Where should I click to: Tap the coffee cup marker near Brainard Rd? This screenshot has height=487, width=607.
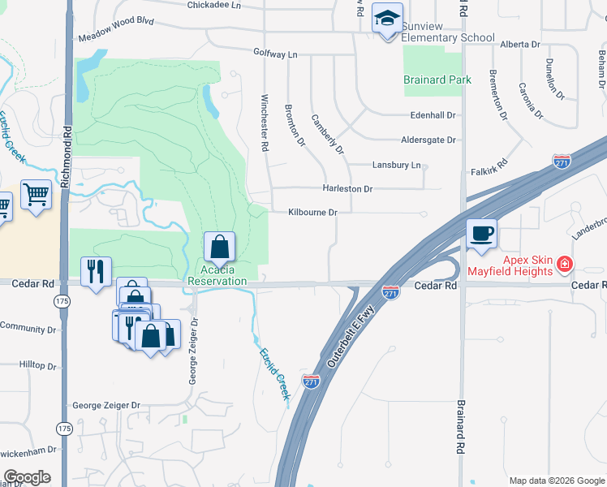tap(481, 234)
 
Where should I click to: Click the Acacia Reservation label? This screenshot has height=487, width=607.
tap(217, 275)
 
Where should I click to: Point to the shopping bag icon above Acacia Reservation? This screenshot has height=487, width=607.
tap(219, 246)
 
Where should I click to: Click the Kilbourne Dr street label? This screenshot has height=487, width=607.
tap(312, 213)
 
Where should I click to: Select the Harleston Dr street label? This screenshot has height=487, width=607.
tap(347, 189)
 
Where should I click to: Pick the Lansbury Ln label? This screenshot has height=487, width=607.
tap(397, 165)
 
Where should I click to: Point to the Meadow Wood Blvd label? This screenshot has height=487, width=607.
tap(115, 37)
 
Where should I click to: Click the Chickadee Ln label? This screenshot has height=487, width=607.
tap(214, 5)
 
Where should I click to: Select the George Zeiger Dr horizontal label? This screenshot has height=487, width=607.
tap(106, 405)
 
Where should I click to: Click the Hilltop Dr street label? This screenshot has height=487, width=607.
tap(37, 366)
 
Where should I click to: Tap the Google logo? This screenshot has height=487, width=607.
tap(27, 477)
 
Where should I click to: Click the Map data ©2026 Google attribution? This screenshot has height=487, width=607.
tap(556, 481)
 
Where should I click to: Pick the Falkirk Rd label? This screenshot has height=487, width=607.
tap(489, 171)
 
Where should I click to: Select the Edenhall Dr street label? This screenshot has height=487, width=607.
tap(433, 115)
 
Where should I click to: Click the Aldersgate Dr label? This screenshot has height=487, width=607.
tap(428, 140)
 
